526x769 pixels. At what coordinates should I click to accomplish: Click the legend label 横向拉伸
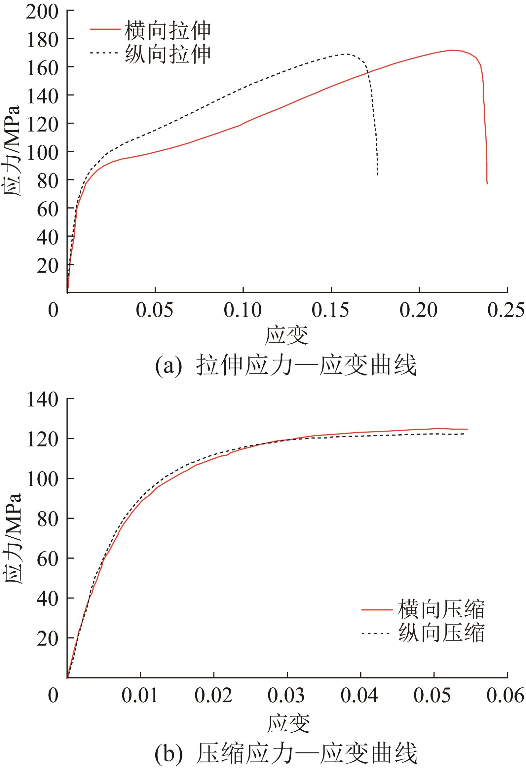click(168, 30)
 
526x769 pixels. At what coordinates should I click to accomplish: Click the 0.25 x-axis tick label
click(506, 310)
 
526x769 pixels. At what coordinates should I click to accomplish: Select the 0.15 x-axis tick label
click(330, 310)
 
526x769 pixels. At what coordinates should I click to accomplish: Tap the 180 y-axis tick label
click(42, 40)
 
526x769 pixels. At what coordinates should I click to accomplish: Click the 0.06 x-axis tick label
click(505, 695)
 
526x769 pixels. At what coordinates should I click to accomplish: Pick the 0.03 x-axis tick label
click(286, 695)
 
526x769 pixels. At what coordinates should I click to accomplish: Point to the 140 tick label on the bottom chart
click(42, 400)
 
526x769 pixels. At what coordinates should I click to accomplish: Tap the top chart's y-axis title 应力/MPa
click(13, 151)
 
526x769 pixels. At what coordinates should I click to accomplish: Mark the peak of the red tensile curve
click(452, 50)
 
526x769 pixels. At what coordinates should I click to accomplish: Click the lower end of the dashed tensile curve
click(377, 175)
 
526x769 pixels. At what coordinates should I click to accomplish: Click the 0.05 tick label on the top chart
click(155, 310)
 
